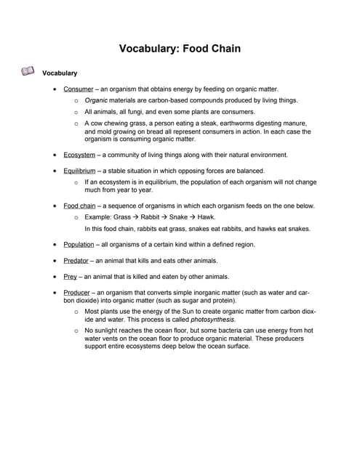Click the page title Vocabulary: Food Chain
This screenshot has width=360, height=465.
point(180,49)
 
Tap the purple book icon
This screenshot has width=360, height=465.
point(28,71)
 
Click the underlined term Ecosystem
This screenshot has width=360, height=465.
point(79,155)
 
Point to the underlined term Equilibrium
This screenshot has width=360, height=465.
point(79,171)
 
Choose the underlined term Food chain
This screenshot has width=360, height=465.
point(80,206)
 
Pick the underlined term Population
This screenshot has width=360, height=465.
point(79,244)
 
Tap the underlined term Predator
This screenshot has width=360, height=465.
point(78,260)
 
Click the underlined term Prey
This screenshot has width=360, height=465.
point(71,276)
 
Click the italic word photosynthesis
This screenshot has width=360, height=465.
point(212,319)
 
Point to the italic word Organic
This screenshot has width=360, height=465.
point(97,100)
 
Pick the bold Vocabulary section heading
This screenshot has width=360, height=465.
point(60,73)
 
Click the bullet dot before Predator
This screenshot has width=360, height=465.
point(56,260)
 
